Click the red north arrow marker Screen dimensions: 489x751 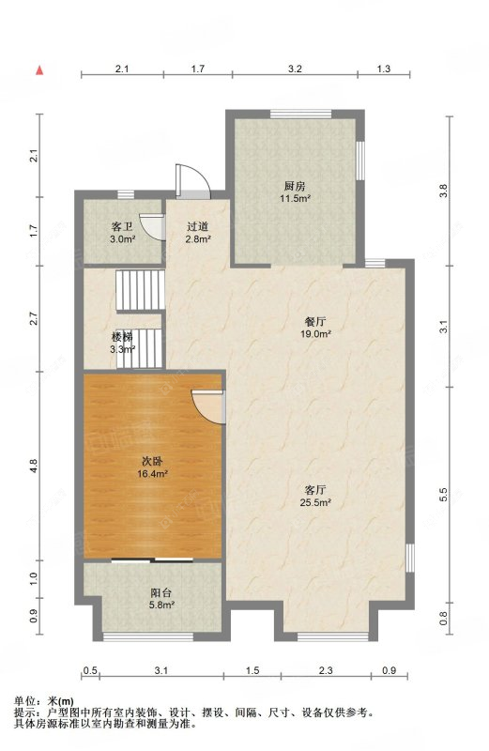pos(40,69)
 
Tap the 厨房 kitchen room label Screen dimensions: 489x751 pos(295,186)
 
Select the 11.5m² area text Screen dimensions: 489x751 pos(296,198)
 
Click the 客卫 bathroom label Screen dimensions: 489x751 pos(122,226)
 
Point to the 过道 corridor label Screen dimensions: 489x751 pos(198,226)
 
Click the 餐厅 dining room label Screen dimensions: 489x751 pos(315,322)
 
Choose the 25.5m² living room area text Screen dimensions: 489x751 pos(315,502)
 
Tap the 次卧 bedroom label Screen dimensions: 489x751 pos(152,462)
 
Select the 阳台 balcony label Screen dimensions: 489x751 pos(161,593)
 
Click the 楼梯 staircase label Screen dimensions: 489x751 pos(122,337)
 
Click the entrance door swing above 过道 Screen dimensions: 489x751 pos(192,182)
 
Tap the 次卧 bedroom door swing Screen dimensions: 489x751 pos(208,406)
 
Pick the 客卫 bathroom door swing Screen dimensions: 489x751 pos(153,226)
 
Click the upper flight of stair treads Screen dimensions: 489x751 pos(141,290)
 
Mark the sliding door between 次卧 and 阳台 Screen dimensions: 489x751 pos(152,559)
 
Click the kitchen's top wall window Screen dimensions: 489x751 pos(300,114)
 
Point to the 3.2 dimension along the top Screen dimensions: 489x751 pos(295,69)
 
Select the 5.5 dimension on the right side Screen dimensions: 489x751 pos(444,495)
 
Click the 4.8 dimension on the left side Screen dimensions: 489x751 pos(33,466)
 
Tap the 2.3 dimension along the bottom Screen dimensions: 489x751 pos(326,670)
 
